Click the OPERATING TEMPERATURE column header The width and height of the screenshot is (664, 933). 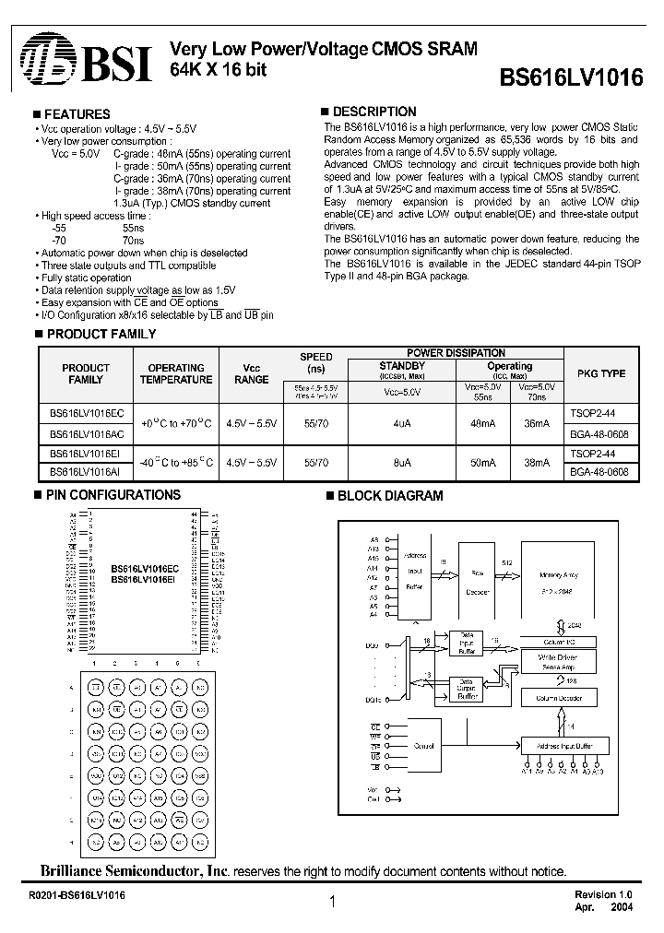coord(176,373)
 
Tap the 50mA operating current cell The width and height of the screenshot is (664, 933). coord(484,463)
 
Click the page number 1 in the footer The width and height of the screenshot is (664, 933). coord(331,903)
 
